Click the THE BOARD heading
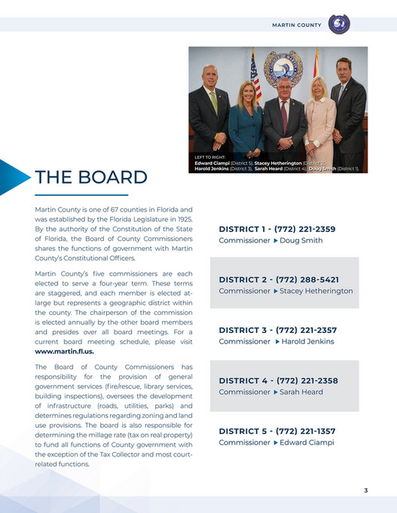(90, 177)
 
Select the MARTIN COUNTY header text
(296, 25)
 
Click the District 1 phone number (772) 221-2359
(304, 229)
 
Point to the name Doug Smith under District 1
(301, 240)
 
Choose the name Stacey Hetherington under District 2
(316, 291)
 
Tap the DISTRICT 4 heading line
(276, 380)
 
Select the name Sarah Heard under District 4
(301, 392)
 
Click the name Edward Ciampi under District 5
(307, 442)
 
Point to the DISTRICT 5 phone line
(276, 431)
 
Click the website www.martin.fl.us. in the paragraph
(65, 351)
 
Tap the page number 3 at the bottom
(366, 491)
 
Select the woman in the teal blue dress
(246, 121)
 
